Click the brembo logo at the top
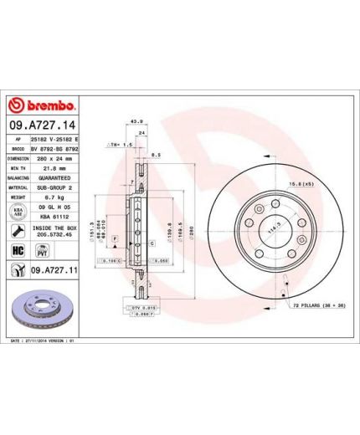coord(42,106)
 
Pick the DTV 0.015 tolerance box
coord(147,310)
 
